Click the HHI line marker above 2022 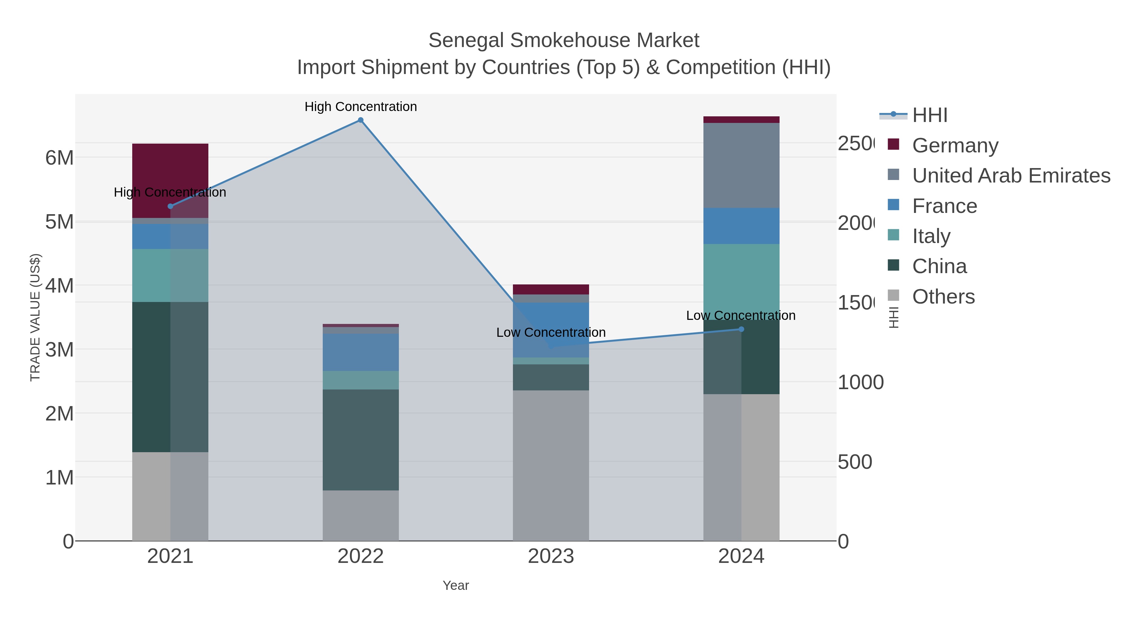(360, 120)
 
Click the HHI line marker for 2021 (170, 206)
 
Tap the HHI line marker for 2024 (741, 329)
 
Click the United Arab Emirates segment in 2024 (741, 165)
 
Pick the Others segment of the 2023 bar (551, 465)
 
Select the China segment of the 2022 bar (360, 440)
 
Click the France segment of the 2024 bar (741, 226)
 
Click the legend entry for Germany (955, 146)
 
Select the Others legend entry (943, 297)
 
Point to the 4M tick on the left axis (59, 286)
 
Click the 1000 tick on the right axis (860, 382)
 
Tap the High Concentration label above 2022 (360, 107)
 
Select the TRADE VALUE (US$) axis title (35, 317)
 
